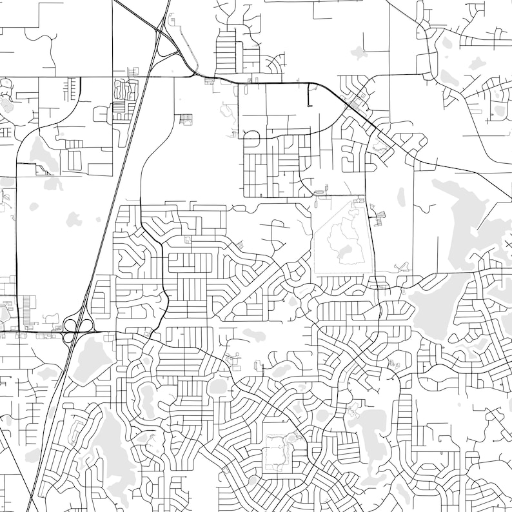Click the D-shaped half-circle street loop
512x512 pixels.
tap(250, 135)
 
